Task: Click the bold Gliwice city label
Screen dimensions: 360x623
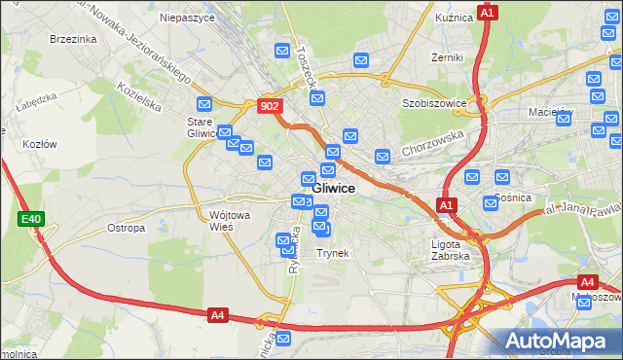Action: (x=334, y=188)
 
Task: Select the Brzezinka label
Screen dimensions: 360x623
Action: (x=74, y=39)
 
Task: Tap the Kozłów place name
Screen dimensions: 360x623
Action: (x=40, y=143)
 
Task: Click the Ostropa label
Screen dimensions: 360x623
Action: (x=126, y=228)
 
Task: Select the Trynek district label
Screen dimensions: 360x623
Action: (x=332, y=252)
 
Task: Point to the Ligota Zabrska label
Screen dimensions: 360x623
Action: (x=451, y=250)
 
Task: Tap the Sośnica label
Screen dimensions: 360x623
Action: (x=512, y=198)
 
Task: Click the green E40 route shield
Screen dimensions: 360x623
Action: (x=30, y=220)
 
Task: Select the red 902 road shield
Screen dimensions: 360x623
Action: (x=271, y=107)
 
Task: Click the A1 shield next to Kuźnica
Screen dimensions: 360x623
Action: (x=489, y=13)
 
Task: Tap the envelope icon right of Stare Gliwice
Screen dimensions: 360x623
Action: (x=225, y=132)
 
